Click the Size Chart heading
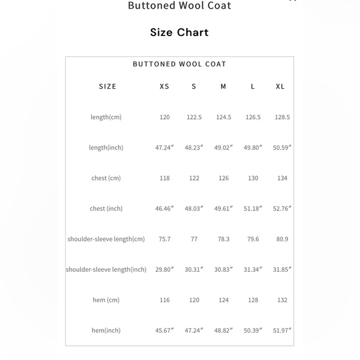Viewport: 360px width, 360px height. pyautogui.click(x=179, y=32)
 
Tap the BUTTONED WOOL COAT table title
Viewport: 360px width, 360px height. pyautogui.click(x=179, y=64)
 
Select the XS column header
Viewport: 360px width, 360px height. pyautogui.click(x=164, y=86)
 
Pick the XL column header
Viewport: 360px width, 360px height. pyautogui.click(x=280, y=86)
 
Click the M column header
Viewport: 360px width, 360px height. pyautogui.click(x=223, y=86)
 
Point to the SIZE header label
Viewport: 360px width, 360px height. pyautogui.click(x=107, y=86)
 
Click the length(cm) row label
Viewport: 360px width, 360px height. pyautogui.click(x=106, y=117)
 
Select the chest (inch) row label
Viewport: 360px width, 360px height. pyautogui.click(x=106, y=209)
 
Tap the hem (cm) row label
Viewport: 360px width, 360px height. pyautogui.click(x=106, y=300)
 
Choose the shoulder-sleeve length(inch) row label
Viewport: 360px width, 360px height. pyautogui.click(x=106, y=269)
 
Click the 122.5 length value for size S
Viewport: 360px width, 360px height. pyautogui.click(x=194, y=117)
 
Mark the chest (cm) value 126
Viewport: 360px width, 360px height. pyautogui.click(x=223, y=178)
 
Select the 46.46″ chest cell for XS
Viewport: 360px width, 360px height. pyautogui.click(x=164, y=209)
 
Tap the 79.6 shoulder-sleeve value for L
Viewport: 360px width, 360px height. pyautogui.click(x=253, y=239)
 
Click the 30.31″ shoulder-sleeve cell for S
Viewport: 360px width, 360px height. pyautogui.click(x=194, y=269)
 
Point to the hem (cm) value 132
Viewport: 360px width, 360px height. pyautogui.click(x=282, y=300)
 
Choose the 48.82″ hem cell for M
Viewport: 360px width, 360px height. pyautogui.click(x=223, y=331)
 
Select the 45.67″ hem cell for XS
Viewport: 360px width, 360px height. pyautogui.click(x=164, y=331)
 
